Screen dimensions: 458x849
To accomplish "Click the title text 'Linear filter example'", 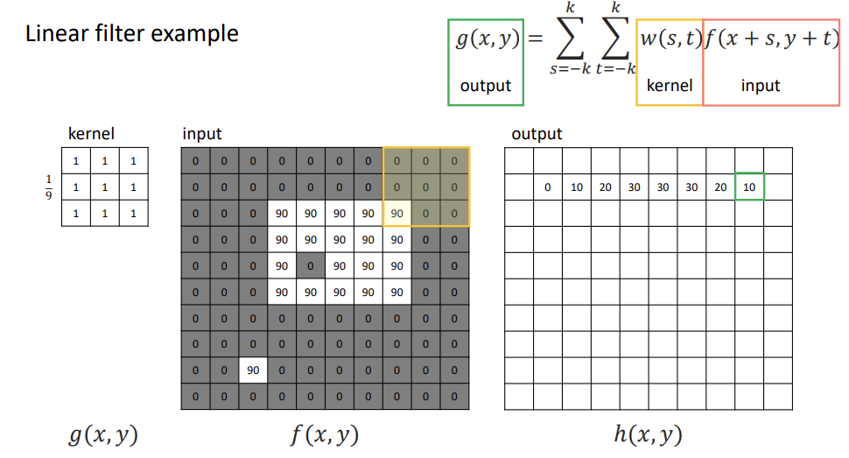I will [x=132, y=34].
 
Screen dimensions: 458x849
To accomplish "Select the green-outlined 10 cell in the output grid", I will [x=749, y=187].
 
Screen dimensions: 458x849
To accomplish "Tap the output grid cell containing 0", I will [x=547, y=187].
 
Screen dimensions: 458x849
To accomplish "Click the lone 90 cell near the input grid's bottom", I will [x=253, y=370].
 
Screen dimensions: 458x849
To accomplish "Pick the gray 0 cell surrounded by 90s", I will [x=310, y=265].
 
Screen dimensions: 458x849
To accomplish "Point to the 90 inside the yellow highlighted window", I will [x=396, y=213].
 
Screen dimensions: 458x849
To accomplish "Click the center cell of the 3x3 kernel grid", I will [x=105, y=187].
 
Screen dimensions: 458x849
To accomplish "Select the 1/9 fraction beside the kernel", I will [x=48, y=187].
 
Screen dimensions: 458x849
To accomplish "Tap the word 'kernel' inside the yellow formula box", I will [x=670, y=85].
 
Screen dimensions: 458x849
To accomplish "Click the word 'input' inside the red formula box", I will [x=760, y=85].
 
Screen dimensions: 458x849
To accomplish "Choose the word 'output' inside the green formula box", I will [x=486, y=86].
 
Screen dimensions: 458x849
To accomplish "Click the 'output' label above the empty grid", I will [x=537, y=134].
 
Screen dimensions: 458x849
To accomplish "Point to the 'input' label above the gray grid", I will [x=202, y=134].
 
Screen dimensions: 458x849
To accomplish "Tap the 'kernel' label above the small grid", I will [x=91, y=134].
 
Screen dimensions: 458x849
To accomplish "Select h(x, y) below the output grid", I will [x=648, y=434].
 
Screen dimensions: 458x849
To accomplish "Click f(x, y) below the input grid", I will [x=324, y=434].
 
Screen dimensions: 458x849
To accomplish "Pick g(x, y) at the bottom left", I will [x=103, y=434].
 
